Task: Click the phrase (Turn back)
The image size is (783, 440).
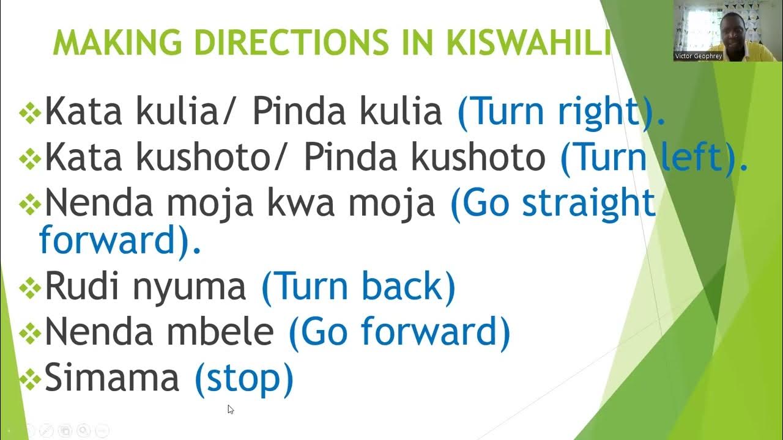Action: coord(358,287)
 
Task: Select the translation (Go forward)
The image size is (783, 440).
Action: coord(399,332)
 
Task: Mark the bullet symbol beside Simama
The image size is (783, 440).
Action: coord(30,380)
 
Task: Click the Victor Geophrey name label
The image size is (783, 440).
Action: coord(698,56)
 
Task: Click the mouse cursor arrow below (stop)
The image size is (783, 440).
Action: coord(230,409)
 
